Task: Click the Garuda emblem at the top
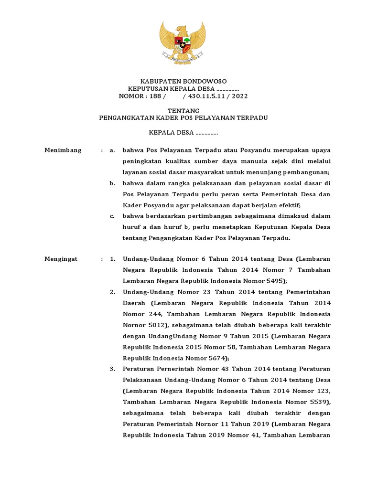pos(183,43)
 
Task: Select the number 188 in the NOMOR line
pos(156,96)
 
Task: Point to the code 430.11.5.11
pos(206,96)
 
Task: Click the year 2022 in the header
pos(239,96)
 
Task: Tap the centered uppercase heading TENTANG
pos(183,110)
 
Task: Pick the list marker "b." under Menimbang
pos(112,183)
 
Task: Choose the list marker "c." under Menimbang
pos(112,216)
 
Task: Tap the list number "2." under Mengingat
pos(112,292)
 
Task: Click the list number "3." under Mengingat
pos(112,369)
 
